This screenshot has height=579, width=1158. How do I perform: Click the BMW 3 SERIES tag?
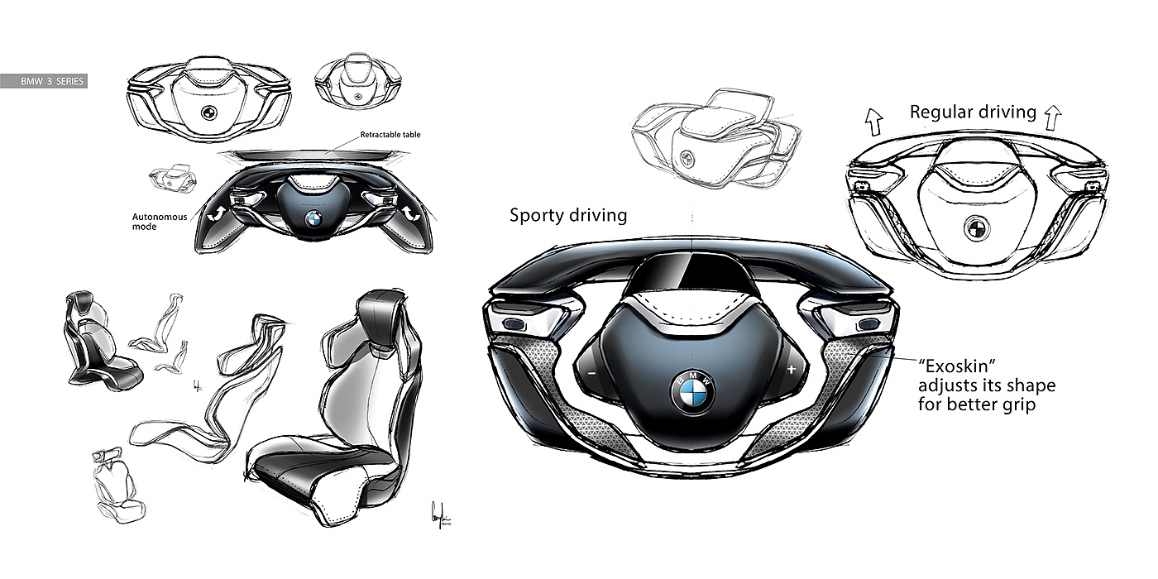[44, 82]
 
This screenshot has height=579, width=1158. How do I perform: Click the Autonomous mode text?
[160, 223]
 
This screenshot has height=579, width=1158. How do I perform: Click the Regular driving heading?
[973, 112]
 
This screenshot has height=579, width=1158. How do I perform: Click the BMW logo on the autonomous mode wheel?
[313, 220]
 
